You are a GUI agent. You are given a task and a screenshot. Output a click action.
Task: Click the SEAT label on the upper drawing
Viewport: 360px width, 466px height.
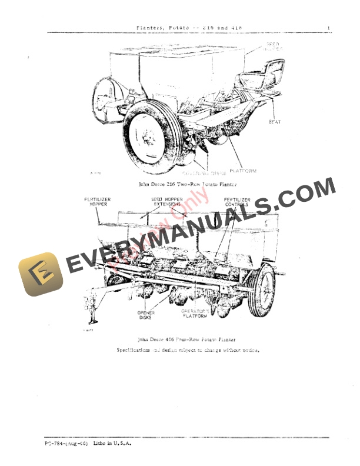(275, 122)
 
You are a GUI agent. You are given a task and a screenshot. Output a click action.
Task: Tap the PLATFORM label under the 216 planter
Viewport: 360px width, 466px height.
(244, 171)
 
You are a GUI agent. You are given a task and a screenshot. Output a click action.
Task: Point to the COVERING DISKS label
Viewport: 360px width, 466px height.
(204, 174)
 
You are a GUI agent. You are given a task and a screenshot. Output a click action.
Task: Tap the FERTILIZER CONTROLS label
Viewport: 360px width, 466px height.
(237, 203)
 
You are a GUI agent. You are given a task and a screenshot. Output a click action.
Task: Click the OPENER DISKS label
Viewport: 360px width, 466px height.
(145, 315)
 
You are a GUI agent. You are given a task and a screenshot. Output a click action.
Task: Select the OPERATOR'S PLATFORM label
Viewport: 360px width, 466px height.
(194, 313)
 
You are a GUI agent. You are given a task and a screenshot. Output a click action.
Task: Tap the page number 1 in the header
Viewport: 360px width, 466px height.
(328, 27)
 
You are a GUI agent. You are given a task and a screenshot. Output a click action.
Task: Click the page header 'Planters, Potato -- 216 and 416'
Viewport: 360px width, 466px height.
(189, 27)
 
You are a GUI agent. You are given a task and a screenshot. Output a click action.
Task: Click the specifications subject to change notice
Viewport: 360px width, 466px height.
(188, 350)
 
